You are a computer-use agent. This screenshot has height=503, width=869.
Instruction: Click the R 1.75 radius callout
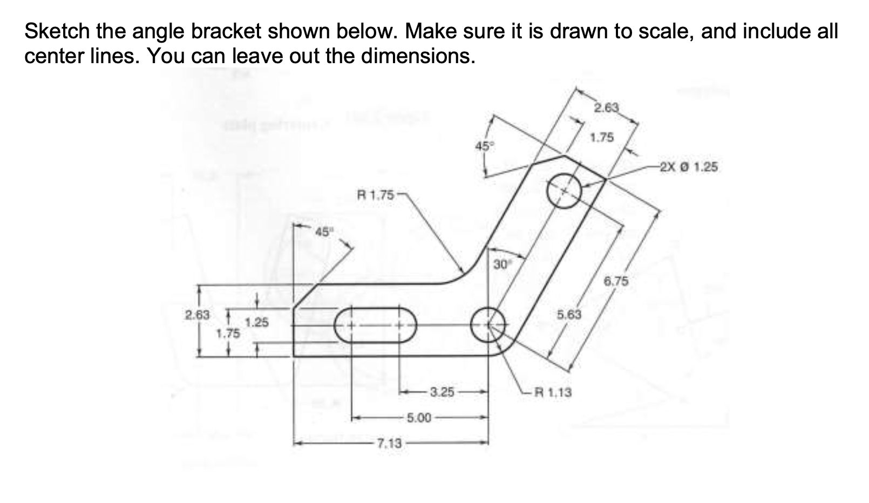(376, 195)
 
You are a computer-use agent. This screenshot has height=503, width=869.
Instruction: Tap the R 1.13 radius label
(552, 392)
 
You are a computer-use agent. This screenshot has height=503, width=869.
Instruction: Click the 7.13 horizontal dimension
(389, 444)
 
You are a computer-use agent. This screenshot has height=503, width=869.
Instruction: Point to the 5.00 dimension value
(418, 418)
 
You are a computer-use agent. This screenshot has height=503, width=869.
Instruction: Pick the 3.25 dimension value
(442, 392)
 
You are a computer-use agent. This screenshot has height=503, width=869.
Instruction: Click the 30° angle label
(501, 264)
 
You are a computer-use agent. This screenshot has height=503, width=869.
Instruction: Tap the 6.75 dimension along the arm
(616, 281)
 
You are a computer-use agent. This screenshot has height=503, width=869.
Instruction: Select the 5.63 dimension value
(569, 314)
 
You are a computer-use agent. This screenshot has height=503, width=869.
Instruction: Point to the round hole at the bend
(488, 325)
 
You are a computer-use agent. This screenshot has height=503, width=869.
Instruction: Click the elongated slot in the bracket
(376, 325)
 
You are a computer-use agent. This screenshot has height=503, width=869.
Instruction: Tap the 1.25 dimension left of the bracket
(257, 323)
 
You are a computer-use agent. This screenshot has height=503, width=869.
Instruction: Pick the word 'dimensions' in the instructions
(418, 56)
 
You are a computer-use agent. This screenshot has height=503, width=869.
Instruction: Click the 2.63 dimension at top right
(606, 107)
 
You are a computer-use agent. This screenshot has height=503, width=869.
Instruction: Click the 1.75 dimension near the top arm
(601, 138)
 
